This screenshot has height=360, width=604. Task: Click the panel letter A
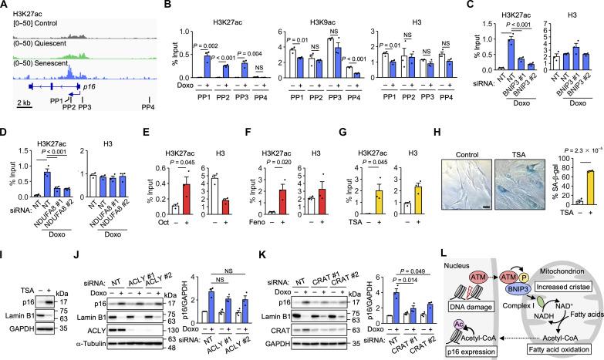(x=5, y=6)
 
